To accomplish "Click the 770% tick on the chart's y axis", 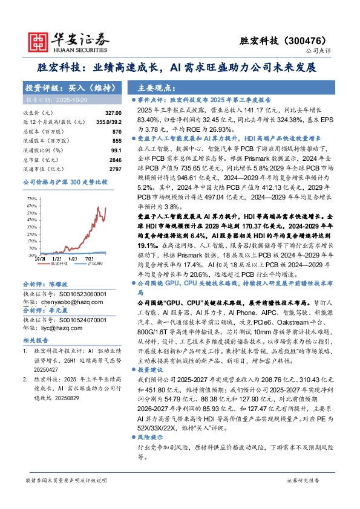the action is pos(31,197).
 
